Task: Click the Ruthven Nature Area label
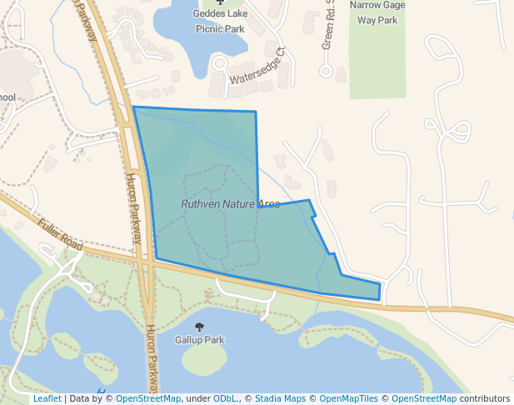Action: pos(230,204)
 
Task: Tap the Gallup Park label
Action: pos(199,340)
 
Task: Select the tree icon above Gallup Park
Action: pos(199,327)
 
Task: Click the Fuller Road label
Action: pos(60,234)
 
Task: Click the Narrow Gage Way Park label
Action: pos(377,12)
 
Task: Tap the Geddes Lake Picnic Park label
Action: pos(219,20)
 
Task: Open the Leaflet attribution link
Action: pos(47,398)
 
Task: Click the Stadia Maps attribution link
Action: pos(278,398)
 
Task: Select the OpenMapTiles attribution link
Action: pos(342,398)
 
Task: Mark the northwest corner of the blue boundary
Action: pos(133,107)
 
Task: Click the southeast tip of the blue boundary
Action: pos(379,299)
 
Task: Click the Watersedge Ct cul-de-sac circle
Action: pos(220,62)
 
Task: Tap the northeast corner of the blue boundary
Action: pos(255,112)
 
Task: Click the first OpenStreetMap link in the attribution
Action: pos(147,398)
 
